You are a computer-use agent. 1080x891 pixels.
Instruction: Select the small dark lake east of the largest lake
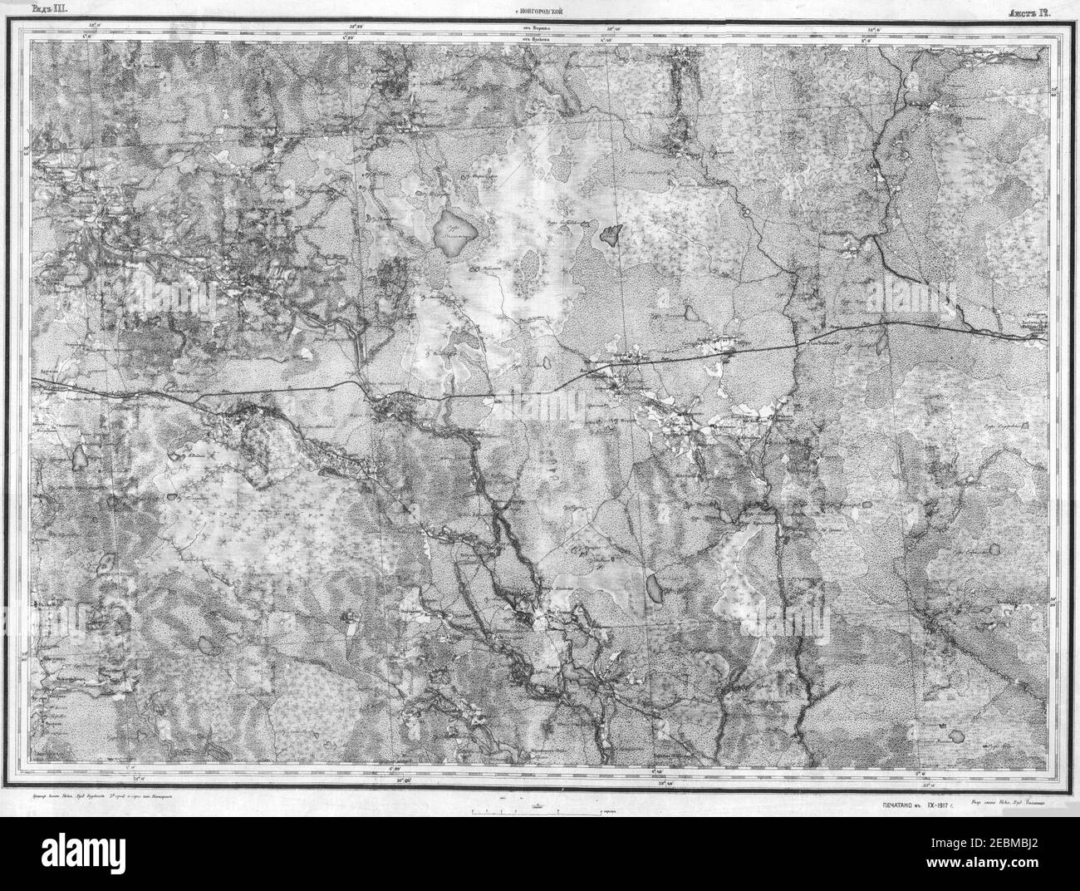611,235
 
